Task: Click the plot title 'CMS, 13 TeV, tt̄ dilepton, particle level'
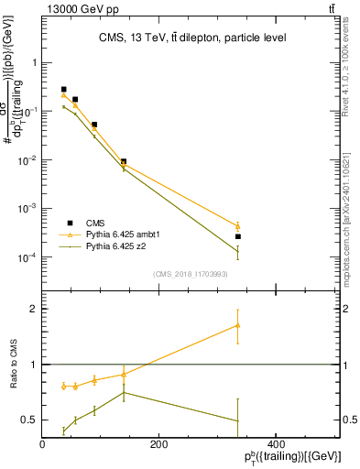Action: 192,38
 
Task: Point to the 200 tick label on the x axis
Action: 158,444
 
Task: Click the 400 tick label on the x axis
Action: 276,444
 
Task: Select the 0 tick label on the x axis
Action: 42,444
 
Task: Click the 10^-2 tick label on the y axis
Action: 29,160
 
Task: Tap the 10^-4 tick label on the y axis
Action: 29,257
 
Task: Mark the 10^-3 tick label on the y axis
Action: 29,209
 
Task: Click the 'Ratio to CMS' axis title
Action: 14,365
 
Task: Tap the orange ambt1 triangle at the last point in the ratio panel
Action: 238,325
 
